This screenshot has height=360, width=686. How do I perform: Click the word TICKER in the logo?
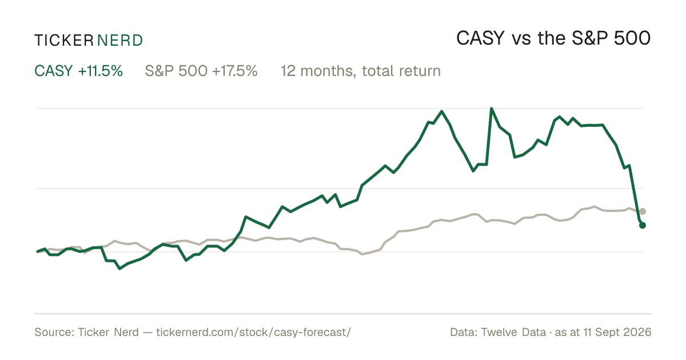[x=63, y=41]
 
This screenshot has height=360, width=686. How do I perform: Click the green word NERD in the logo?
[x=119, y=41]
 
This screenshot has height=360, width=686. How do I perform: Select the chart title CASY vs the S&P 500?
[x=553, y=39]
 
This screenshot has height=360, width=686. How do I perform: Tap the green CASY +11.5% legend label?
[x=78, y=71]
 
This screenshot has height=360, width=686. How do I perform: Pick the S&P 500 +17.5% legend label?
[x=201, y=71]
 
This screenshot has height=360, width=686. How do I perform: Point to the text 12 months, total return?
[x=361, y=71]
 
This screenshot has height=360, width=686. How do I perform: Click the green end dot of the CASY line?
[x=643, y=225]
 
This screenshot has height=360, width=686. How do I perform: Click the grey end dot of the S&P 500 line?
[x=643, y=211]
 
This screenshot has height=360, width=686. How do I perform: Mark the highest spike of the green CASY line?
[x=492, y=109]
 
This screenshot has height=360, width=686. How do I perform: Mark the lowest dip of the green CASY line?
[x=119, y=269]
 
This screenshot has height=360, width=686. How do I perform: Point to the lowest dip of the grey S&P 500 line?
[x=362, y=254]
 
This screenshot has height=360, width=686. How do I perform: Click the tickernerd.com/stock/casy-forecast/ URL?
[x=254, y=332]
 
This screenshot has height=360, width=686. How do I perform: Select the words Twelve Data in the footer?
[x=513, y=332]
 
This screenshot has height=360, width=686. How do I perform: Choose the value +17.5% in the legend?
[x=234, y=71]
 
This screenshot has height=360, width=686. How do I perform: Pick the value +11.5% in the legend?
[x=101, y=71]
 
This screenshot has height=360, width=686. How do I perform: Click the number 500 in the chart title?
[x=632, y=39]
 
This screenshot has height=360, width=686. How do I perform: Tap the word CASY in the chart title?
[x=480, y=39]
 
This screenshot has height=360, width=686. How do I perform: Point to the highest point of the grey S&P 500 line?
[x=594, y=207]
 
